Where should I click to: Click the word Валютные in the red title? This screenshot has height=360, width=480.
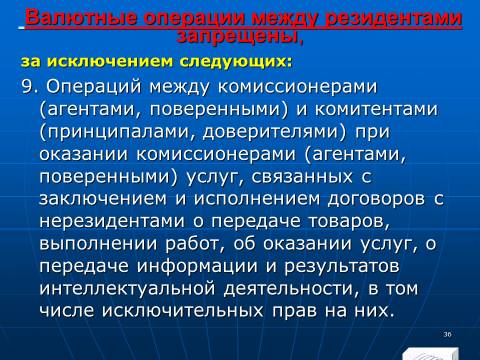coord(81,18)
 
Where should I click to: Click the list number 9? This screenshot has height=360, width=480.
coord(29,87)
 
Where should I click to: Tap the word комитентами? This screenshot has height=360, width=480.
coord(376,109)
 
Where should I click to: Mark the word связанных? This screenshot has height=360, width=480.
coord(302,177)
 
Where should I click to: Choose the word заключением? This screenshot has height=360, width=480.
coord(103,199)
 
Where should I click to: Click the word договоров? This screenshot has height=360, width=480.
coord(376,199)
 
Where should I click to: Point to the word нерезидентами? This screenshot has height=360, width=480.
coord(112,221)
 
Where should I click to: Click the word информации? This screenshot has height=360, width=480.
coord(197,266)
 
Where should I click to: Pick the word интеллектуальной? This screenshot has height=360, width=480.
coord(127,288)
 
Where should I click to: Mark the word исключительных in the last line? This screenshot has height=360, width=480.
coord(183,311)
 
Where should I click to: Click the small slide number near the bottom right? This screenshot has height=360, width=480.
coord(447,334)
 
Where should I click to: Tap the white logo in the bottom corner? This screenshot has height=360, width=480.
coord(430,353)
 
